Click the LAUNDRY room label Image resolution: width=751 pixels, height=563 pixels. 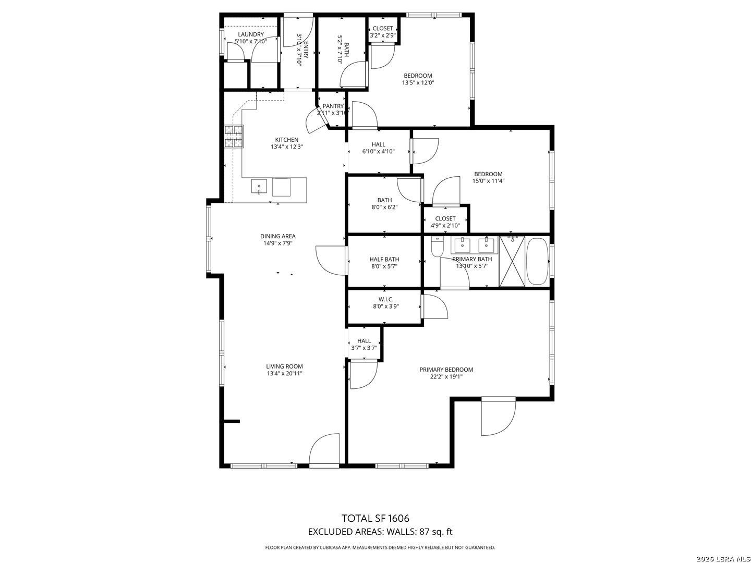pos(251,34)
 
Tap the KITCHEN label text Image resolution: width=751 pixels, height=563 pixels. pos(286,140)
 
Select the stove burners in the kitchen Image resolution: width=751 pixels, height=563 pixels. pos(234,137)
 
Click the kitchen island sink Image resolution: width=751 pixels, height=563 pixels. pos(259,186)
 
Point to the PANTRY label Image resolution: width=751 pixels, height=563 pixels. pos(333,106)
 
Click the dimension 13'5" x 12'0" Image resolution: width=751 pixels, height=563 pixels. pos(418,82)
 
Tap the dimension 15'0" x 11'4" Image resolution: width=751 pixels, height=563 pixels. pos(488,181)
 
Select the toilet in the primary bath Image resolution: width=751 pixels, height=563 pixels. pos(437,247)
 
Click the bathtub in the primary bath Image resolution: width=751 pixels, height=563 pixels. pos(537,261)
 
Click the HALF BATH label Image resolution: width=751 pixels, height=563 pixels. pos(384,259)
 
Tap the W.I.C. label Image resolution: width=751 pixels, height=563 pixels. pos(386,299)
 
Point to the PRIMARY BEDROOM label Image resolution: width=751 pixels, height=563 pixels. pos(446,370)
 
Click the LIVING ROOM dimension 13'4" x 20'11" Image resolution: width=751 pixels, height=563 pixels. pos(285,373)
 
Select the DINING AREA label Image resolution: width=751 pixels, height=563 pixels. pos(278,236)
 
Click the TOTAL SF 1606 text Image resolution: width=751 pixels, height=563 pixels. pos(375,518)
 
